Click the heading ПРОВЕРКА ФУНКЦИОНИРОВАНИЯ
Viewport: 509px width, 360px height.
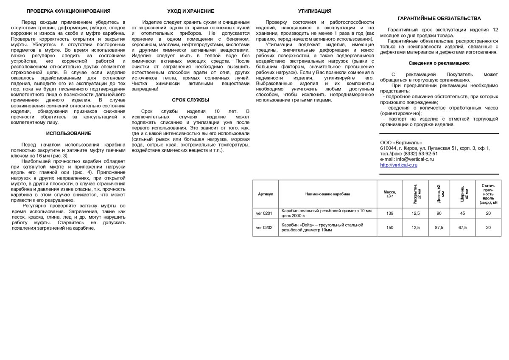68,11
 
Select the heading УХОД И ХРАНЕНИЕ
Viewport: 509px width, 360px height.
190,11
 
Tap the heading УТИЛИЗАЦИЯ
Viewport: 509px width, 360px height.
314,11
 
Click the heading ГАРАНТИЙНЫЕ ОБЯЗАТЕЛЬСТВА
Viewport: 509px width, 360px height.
439,18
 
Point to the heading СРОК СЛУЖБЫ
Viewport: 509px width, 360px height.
190,100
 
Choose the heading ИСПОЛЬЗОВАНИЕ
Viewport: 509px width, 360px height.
68,133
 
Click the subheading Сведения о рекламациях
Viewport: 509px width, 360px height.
439,63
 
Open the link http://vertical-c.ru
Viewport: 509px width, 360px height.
399,165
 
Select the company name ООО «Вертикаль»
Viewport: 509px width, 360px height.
401,142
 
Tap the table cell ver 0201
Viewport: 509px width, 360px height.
264,213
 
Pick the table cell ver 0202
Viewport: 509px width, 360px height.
264,228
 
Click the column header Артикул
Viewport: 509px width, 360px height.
266,194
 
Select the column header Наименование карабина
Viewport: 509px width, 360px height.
327,194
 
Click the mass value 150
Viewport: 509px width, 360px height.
390,228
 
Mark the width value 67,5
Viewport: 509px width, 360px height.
462,228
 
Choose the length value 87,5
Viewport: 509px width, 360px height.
439,228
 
